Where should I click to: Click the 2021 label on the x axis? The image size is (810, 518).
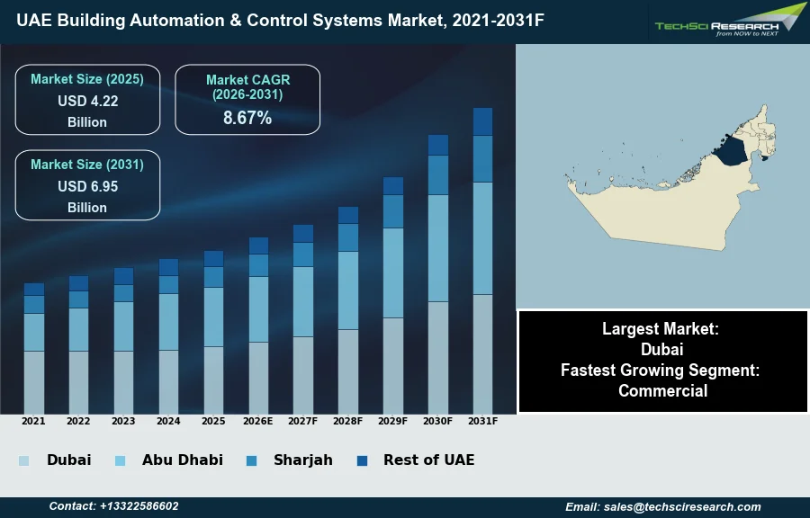[x=33, y=421]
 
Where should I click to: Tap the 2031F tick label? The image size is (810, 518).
[x=482, y=421]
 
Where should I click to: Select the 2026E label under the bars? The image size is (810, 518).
[x=258, y=421]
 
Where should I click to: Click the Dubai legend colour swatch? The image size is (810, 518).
[x=23, y=460]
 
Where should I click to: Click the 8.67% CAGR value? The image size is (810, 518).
[x=247, y=118]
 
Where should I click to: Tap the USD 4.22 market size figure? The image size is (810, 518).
[x=87, y=101]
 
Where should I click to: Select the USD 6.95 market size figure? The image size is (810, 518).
[x=87, y=186]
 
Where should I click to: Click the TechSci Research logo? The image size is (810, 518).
[x=729, y=22]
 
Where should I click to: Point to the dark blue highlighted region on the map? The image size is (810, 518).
[x=734, y=151]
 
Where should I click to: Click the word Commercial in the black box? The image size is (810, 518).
[x=662, y=390]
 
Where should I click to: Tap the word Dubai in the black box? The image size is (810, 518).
[x=662, y=349]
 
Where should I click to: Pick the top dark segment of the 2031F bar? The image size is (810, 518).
[x=482, y=121]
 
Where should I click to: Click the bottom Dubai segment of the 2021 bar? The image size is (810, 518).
[x=33, y=381]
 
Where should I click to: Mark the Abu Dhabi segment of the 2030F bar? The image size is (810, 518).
[x=438, y=248]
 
